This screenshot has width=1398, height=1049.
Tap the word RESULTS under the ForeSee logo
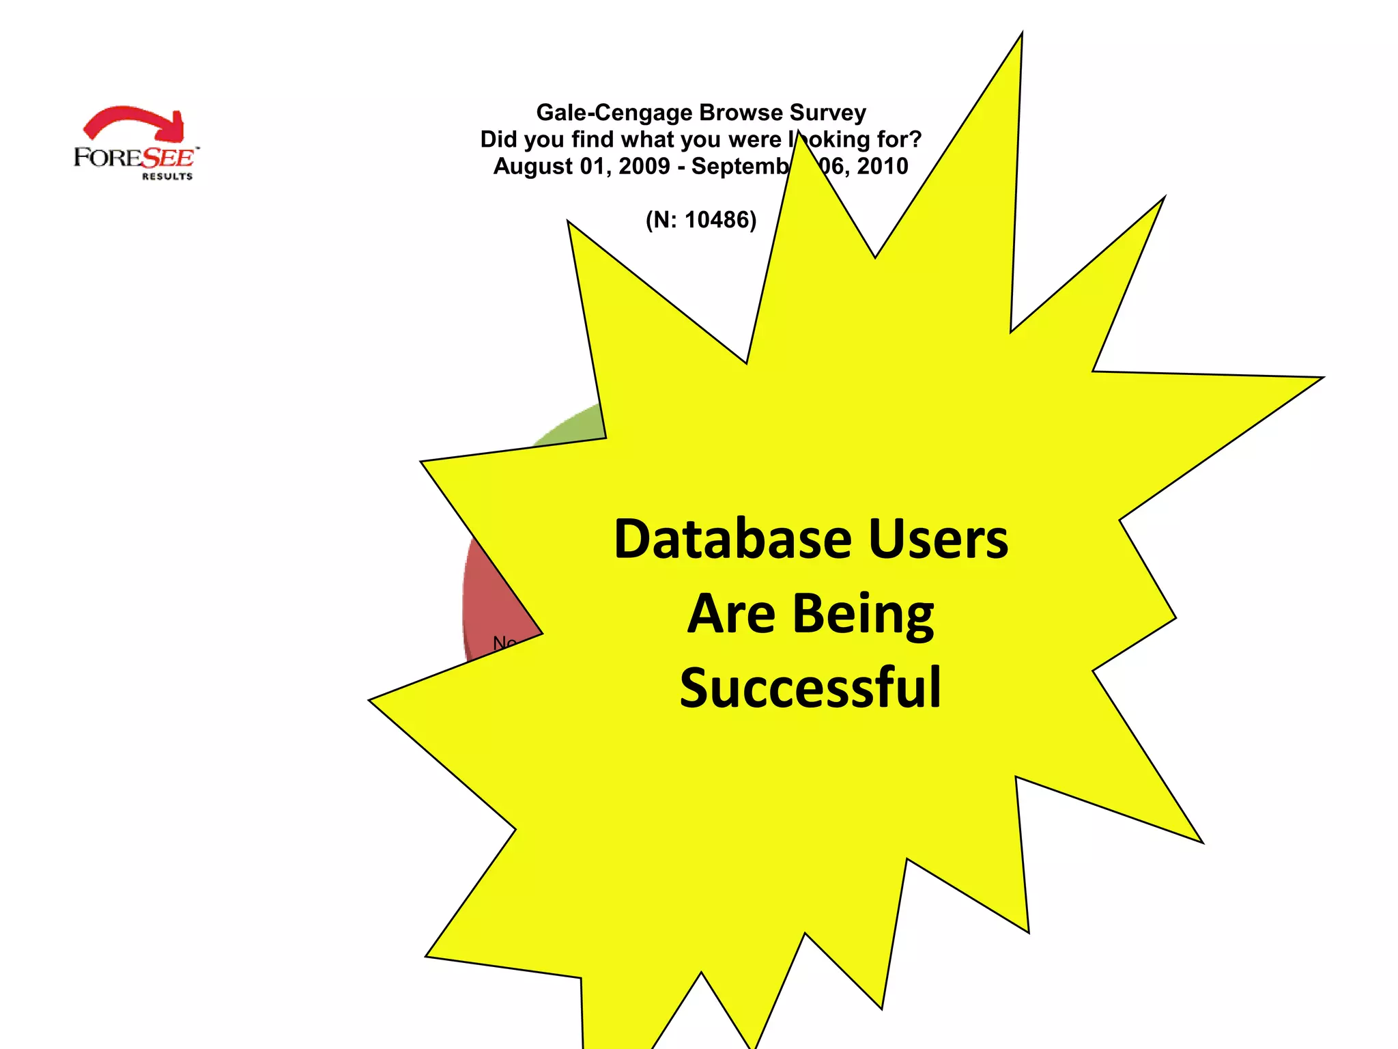tap(167, 176)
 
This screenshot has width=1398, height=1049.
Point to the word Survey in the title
tap(827, 113)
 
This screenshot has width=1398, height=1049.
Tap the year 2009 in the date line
tap(644, 166)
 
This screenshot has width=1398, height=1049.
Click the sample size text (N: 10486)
tap(701, 220)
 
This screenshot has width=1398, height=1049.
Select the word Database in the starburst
tap(732, 540)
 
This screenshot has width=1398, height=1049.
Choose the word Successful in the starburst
tap(810, 688)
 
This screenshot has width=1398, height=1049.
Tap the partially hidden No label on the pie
tap(504, 643)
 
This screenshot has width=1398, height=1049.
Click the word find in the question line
tap(593, 139)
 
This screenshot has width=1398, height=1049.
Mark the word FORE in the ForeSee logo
tap(106, 158)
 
